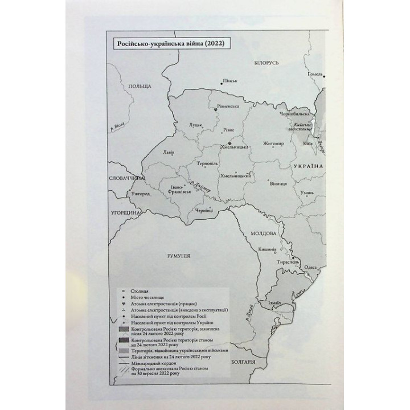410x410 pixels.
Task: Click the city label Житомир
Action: point(273,143)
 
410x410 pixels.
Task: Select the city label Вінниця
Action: point(278,184)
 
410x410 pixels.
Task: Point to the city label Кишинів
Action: point(267,249)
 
